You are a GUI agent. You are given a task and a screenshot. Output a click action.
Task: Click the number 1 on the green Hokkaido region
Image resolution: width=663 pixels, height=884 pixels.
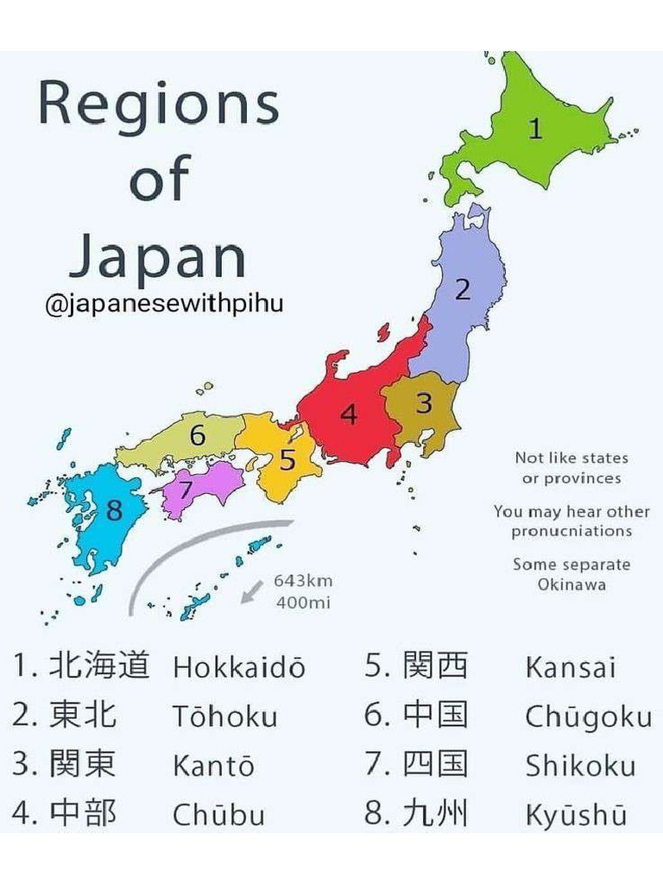click(536, 129)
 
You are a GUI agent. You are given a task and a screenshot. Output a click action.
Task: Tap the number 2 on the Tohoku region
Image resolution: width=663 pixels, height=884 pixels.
click(464, 290)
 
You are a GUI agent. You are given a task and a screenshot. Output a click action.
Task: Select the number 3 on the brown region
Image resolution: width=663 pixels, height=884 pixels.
click(424, 403)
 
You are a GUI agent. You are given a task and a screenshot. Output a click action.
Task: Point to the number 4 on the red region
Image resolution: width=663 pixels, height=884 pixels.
click(349, 415)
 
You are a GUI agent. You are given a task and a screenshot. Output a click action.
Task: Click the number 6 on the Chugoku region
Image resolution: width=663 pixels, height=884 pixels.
click(198, 436)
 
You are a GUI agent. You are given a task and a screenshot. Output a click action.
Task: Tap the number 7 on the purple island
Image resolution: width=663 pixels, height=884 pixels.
click(186, 489)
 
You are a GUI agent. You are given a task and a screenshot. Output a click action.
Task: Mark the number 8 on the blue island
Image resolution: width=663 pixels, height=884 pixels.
click(115, 511)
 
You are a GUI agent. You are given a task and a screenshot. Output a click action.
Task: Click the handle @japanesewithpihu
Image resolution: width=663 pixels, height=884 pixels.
click(163, 305)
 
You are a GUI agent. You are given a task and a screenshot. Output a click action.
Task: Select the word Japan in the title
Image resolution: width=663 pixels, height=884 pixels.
click(158, 256)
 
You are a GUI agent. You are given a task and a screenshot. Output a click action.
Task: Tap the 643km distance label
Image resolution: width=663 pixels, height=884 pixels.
click(303, 582)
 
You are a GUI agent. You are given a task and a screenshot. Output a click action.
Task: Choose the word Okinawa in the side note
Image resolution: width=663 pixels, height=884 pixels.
click(571, 584)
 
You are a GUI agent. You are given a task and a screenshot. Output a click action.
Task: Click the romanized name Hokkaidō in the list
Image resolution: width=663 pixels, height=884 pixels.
click(239, 667)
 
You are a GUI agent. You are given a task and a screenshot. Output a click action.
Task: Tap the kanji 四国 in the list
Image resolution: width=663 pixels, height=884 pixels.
click(435, 765)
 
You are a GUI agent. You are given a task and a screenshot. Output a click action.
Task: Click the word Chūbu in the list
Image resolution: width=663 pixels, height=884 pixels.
click(218, 815)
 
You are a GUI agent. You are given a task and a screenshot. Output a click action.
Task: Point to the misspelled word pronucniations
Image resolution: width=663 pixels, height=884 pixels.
click(571, 532)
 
